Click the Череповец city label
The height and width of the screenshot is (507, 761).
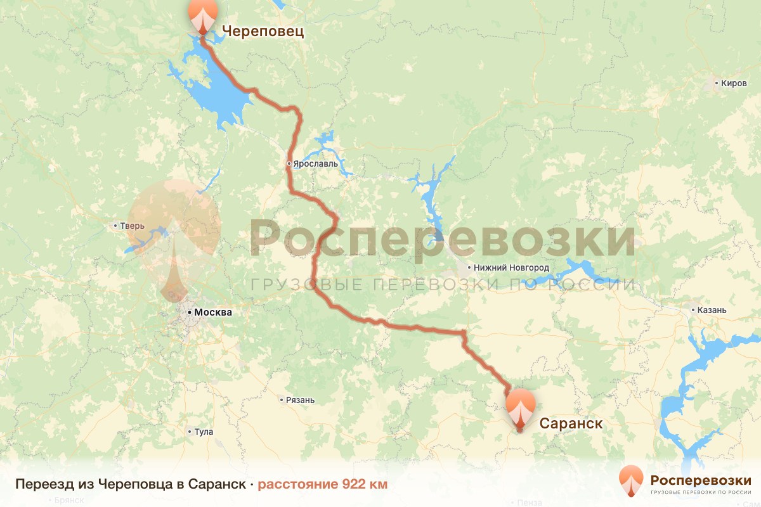[x=263, y=31]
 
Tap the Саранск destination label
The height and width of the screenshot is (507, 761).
[x=571, y=423]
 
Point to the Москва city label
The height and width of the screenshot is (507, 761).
[x=213, y=312]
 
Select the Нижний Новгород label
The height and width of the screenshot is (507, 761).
[x=511, y=267]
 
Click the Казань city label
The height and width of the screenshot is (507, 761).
[x=712, y=311]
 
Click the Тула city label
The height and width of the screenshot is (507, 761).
[x=204, y=432]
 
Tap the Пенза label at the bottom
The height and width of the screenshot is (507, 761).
[x=530, y=503]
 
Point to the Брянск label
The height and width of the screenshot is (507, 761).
[x=70, y=500]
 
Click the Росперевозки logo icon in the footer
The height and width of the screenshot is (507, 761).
[x=631, y=480]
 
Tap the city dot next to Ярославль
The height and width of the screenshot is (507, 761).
[x=289, y=164]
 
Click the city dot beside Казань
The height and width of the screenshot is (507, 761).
[x=693, y=311]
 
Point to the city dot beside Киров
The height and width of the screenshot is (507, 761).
[x=716, y=83]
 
